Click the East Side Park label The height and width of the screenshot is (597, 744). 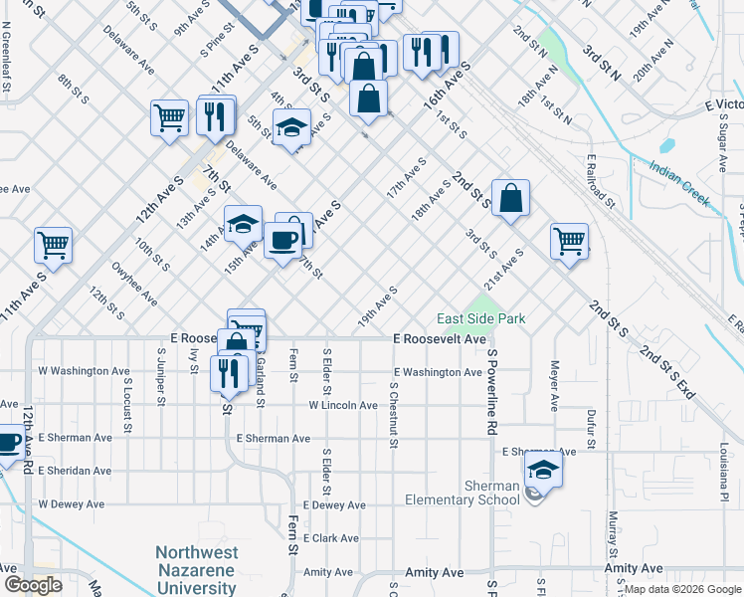(481, 319)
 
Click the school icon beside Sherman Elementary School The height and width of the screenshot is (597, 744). (543, 472)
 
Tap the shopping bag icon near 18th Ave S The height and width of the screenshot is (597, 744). (510, 198)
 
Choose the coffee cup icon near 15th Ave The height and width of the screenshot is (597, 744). (283, 240)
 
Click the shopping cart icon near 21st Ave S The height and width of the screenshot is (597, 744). (569, 240)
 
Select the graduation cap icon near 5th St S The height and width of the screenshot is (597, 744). (291, 128)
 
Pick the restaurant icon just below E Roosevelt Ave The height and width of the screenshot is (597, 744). (229, 372)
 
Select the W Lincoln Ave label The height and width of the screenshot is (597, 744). (343, 405)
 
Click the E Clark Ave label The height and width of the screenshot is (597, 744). (331, 537)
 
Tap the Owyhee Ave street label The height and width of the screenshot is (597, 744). (134, 283)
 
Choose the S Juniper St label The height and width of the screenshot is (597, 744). (160, 377)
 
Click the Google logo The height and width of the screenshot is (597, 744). (33, 585)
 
